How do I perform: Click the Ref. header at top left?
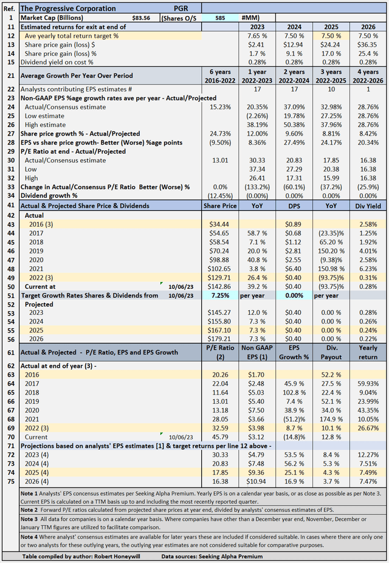pyautogui.click(x=9, y=9)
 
